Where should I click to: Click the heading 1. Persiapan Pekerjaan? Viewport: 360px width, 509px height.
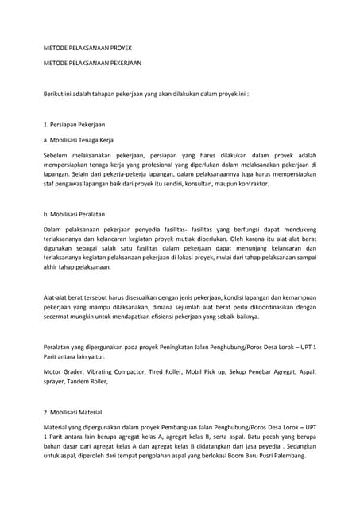[x=75, y=125]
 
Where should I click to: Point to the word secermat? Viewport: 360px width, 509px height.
[x=59, y=316]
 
